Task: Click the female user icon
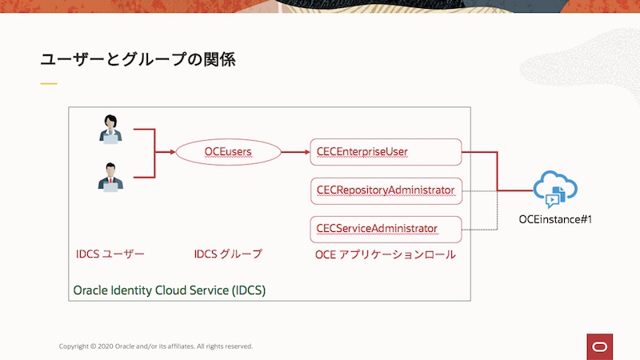pyautogui.click(x=110, y=130)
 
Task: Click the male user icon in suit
pyautogui.click(x=110, y=177)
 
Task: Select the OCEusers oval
pyautogui.click(x=228, y=152)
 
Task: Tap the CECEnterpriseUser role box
pyautogui.click(x=386, y=152)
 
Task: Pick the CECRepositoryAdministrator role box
pyautogui.click(x=386, y=190)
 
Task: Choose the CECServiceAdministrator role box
pyautogui.click(x=386, y=229)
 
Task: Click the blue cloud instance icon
pyautogui.click(x=555, y=190)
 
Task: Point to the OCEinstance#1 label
pyautogui.click(x=555, y=219)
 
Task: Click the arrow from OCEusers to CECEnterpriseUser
pyautogui.click(x=294, y=152)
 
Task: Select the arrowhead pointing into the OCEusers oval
pyautogui.click(x=171, y=152)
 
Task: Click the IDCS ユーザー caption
pyautogui.click(x=110, y=254)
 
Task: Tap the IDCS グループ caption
pyautogui.click(x=228, y=254)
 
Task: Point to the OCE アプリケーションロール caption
pyautogui.click(x=386, y=254)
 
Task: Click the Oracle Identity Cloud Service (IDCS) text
pyautogui.click(x=169, y=290)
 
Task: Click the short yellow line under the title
pyautogui.click(x=49, y=83)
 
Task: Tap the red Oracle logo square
pyautogui.click(x=598, y=346)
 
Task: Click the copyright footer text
pyautogui.click(x=156, y=346)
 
